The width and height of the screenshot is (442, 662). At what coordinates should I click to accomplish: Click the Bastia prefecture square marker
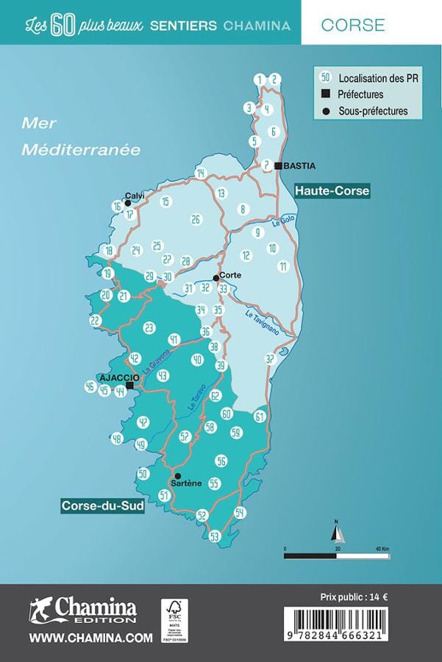[278, 166]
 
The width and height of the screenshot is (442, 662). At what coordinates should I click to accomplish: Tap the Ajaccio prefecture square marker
[130, 385]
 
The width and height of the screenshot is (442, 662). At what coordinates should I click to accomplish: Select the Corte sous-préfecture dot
[215, 278]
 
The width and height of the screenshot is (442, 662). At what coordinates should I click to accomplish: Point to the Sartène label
[186, 483]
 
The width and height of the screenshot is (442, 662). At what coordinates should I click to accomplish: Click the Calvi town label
[135, 196]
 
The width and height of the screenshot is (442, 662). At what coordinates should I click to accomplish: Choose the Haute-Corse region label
[332, 191]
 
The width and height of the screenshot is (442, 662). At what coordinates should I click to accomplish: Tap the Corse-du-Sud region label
[102, 507]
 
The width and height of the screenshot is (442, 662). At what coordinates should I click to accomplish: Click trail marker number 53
[215, 536]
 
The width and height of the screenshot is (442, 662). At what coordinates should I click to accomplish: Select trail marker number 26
[196, 219]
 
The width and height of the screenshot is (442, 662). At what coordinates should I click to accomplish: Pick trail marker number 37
[270, 359]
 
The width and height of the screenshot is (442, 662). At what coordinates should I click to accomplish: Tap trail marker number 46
[90, 386]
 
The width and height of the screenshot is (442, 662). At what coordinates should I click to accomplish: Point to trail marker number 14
[201, 174]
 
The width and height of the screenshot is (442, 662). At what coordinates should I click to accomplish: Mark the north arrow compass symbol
[336, 531]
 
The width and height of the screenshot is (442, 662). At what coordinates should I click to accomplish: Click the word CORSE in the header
[353, 24]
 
